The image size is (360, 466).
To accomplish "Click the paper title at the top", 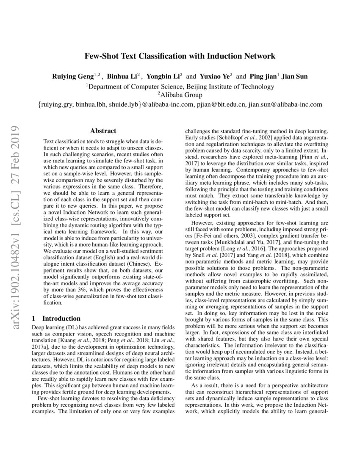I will pyautogui.click(x=180, y=55).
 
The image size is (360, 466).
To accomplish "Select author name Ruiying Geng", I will pyautogui.click(x=71, y=77).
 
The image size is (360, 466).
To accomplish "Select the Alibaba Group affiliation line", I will pyautogui.click(x=180, y=95).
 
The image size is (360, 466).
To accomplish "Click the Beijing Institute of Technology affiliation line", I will pyautogui.click(x=180, y=86).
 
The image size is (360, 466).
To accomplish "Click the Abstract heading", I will pyautogui.click(x=103, y=131).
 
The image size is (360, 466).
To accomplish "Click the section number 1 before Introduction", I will pyautogui.click(x=34, y=318).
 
